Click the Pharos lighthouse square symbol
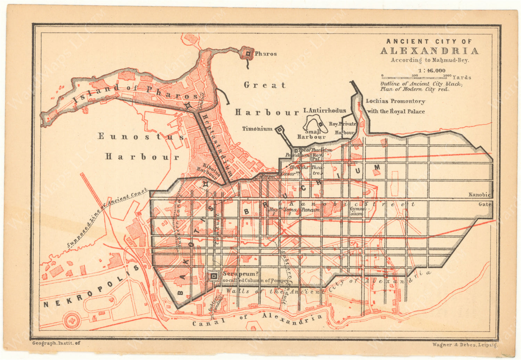pos(248,53)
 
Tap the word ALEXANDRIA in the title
pos(429,51)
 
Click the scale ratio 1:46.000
pos(432,70)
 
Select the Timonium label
pos(257,129)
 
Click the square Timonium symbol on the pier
pos(279,130)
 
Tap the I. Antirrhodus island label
pos(324,111)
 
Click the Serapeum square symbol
pos(214,276)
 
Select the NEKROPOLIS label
pos(91,287)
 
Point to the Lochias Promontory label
pos(396,101)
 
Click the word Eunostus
pos(141,136)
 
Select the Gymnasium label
pos(357,212)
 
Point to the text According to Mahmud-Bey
pos(430,60)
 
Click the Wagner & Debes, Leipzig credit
pos(465,345)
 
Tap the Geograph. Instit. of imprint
pos(56,343)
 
